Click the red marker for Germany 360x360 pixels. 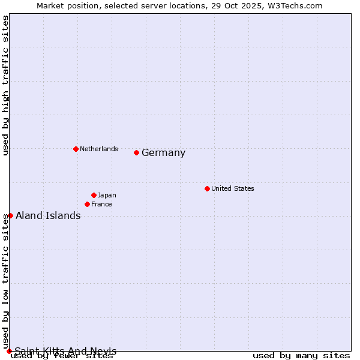tap(136, 152)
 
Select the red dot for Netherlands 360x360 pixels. tap(76, 149)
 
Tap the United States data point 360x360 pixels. tap(207, 188)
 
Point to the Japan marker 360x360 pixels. tap(94, 195)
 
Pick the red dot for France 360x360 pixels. tap(87, 204)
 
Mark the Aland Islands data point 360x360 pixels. tap(10, 215)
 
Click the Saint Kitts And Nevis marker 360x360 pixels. tap(9, 351)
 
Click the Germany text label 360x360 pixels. tap(163, 153)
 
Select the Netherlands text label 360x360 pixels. tap(98, 149)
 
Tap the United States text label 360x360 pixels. tap(232, 188)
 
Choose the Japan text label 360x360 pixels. tap(107, 195)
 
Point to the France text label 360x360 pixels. tap(101, 204)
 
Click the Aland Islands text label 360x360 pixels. tap(48, 216)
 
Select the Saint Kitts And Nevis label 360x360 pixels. tap(65, 351)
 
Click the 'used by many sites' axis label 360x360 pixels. tap(301, 356)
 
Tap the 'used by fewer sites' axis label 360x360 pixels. tap(62, 356)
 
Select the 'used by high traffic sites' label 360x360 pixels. tap(5, 86)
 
